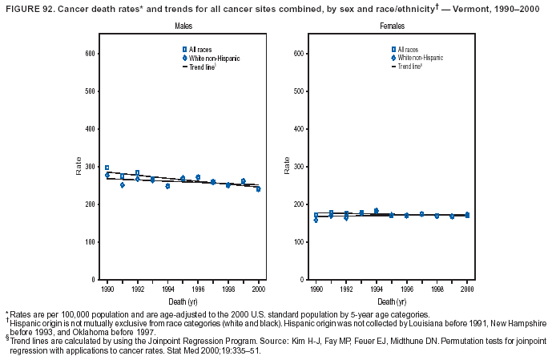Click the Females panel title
point(392,26)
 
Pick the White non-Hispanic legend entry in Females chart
point(420,58)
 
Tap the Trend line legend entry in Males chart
point(203,67)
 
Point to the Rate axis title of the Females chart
point(287,166)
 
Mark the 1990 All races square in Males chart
point(107,168)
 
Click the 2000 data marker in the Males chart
point(258,189)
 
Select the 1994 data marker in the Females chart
point(377,211)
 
